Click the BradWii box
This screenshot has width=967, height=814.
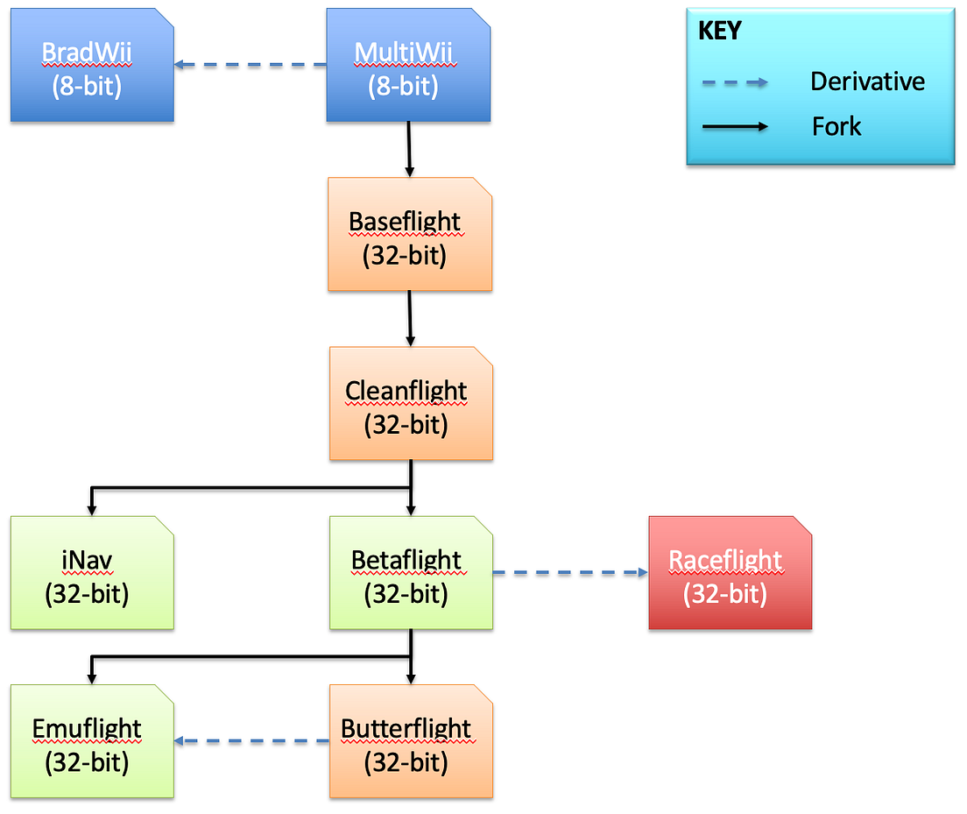pyautogui.click(x=92, y=66)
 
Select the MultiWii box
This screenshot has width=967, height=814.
pyautogui.click(x=408, y=66)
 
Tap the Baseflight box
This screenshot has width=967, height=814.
pyautogui.click(x=409, y=235)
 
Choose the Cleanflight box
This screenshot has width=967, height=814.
pyautogui.click(x=410, y=404)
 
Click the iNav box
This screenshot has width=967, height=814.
pyautogui.click(x=92, y=573)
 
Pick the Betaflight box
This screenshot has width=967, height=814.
pyautogui.click(x=411, y=573)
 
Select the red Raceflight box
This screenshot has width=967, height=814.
pyautogui.click(x=730, y=573)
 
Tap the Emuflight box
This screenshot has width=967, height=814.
pyautogui.click(x=92, y=742)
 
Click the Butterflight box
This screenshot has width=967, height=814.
pyautogui.click(x=411, y=742)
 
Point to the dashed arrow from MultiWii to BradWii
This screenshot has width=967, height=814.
pyautogui.click(x=250, y=65)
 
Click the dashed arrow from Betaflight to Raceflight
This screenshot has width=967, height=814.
pyautogui.click(x=570, y=573)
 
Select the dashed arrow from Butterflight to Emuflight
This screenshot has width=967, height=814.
pyautogui.click(x=251, y=741)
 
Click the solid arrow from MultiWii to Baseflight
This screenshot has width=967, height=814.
pyautogui.click(x=409, y=149)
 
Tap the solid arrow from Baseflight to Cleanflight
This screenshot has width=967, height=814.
pyautogui.click(x=410, y=318)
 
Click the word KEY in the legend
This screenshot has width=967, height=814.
pyautogui.click(x=719, y=32)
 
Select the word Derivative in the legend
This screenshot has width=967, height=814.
pyautogui.click(x=867, y=81)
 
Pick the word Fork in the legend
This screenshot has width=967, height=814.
pyautogui.click(x=836, y=126)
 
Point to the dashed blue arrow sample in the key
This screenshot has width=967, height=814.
pyautogui.click(x=734, y=82)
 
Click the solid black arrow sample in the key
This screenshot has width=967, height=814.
pyautogui.click(x=734, y=127)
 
